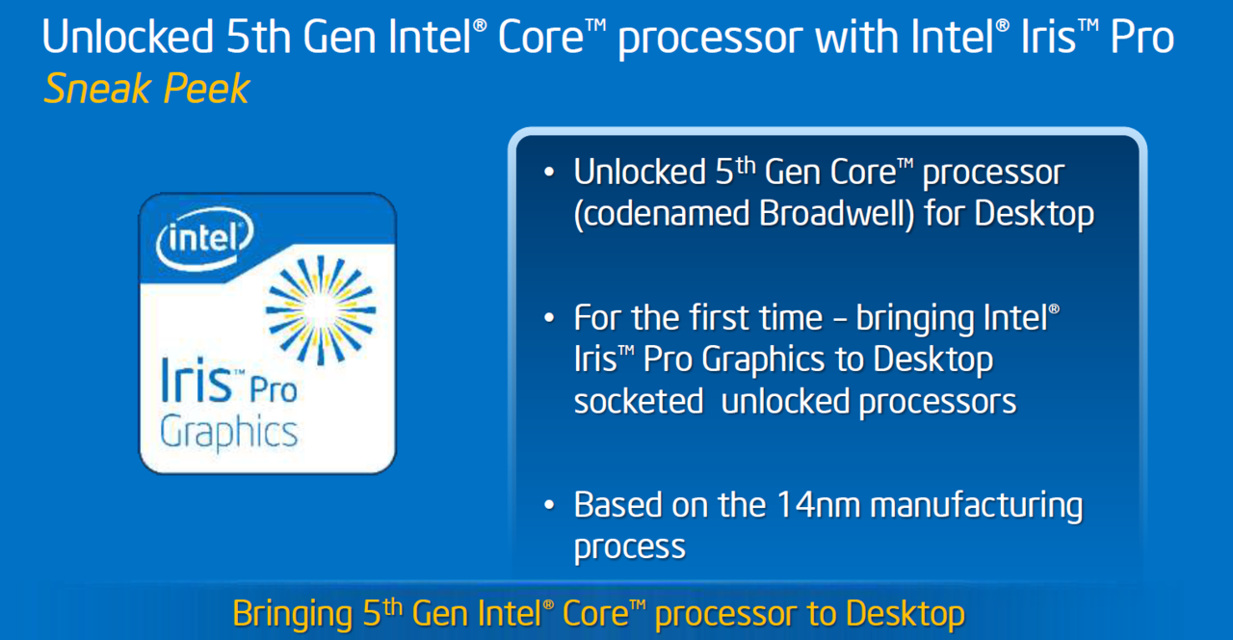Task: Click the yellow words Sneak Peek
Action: click(x=146, y=89)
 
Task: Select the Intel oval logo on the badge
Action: click(x=205, y=238)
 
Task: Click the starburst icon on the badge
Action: click(x=321, y=310)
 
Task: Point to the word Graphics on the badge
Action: click(x=228, y=433)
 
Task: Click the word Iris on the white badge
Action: click(x=197, y=380)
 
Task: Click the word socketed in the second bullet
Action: click(x=639, y=401)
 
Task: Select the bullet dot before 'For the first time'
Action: click(x=549, y=318)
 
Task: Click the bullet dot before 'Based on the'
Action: click(x=549, y=504)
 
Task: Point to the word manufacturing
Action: click(x=977, y=507)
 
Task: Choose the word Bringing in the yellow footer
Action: click(x=293, y=615)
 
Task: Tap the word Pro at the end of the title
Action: click(x=1141, y=37)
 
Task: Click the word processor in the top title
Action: click(x=711, y=40)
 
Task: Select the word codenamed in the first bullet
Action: click(x=662, y=213)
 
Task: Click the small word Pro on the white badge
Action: click(x=273, y=390)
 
